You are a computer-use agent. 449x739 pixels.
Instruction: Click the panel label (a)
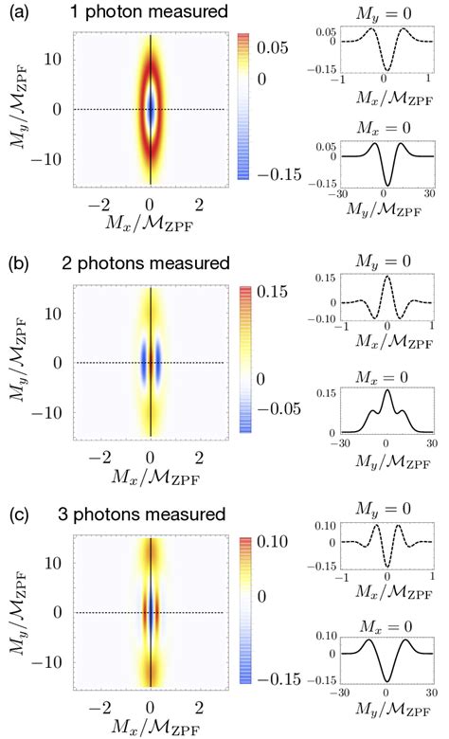[x=16, y=14]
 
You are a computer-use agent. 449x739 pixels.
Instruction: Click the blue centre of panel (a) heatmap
[x=152, y=109]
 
